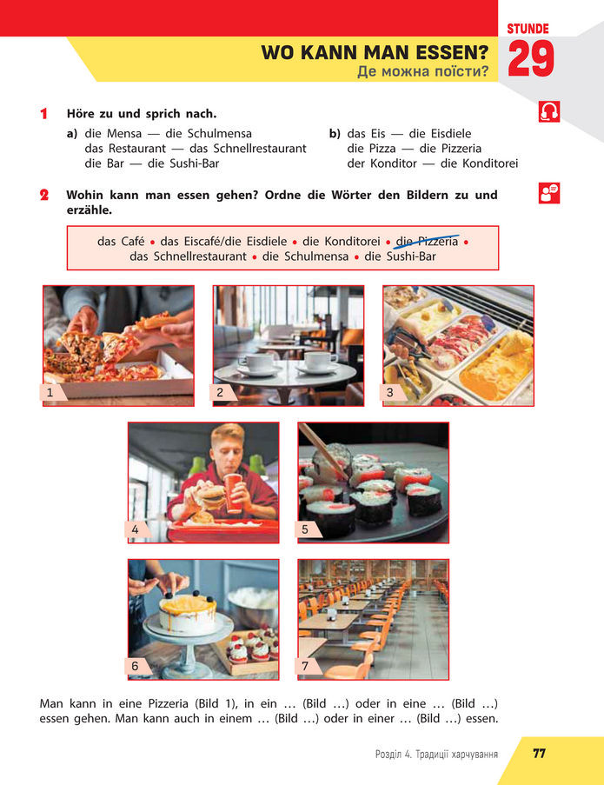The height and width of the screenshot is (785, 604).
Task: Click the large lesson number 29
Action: pos(531,58)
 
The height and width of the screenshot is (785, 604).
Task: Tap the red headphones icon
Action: pos(549,111)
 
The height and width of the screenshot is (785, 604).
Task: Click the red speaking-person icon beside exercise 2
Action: pos(549,193)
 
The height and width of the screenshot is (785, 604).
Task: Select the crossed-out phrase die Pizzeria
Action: pos(427,242)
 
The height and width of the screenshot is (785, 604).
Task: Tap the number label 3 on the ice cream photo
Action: pos(390,393)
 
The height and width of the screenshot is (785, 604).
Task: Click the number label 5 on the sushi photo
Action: pos(305,529)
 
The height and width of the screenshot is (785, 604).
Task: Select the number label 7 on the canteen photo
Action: pos(305,666)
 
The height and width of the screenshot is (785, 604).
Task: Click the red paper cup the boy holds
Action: pos(234,493)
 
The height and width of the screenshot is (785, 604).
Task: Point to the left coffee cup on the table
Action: pos(256,363)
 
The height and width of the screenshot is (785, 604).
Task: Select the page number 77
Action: pos(539,754)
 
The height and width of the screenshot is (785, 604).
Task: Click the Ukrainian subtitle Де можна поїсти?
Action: pos(423,71)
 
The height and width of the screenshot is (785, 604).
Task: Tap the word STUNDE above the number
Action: pos(528,29)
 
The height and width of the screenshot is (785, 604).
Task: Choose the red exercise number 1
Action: pos(44,114)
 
